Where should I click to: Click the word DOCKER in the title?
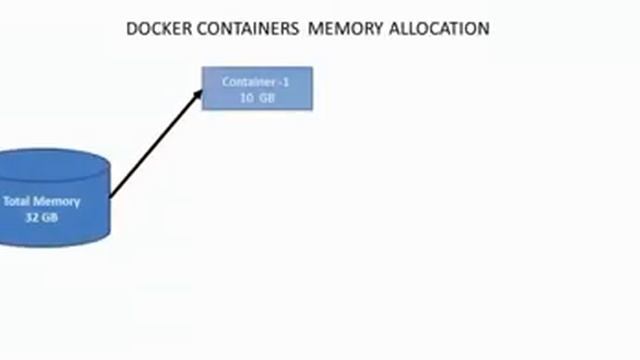pyautogui.click(x=155, y=29)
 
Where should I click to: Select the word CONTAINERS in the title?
pyautogui.click(x=235, y=29)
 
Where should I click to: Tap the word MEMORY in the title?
pyautogui.click(x=334, y=29)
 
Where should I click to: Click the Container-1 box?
pyautogui.click(x=257, y=88)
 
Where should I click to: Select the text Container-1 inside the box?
pyautogui.click(x=255, y=81)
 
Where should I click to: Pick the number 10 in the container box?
pyautogui.click(x=246, y=97)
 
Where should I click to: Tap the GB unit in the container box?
pyautogui.click(x=266, y=97)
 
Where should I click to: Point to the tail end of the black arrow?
pyautogui.click(x=109, y=195)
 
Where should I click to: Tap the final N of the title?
pyautogui.click(x=484, y=29)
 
